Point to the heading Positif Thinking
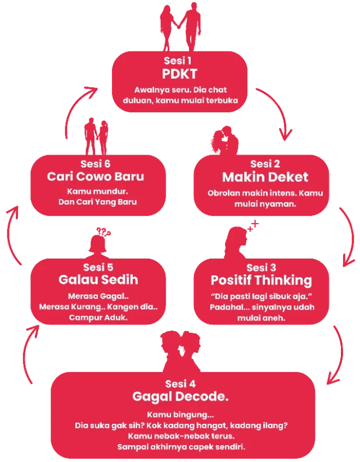point(261,279)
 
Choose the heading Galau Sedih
point(98,279)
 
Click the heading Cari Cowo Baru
point(96,176)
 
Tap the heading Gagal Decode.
point(180,397)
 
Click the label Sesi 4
point(181,384)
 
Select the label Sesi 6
point(96,164)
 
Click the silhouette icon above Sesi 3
point(239,242)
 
